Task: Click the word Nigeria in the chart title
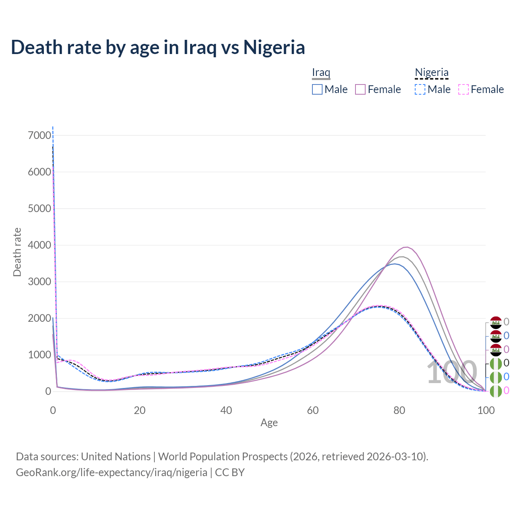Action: click(274, 47)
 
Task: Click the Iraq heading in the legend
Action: click(321, 73)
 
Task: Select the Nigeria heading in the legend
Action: click(431, 73)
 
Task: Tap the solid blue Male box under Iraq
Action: click(317, 89)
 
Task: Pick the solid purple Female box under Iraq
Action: click(360, 89)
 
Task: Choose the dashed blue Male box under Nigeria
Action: click(420, 89)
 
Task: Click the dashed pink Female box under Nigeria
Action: click(464, 89)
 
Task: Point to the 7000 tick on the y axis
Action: click(40, 135)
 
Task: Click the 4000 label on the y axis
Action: click(40, 245)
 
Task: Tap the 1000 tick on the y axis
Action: click(40, 355)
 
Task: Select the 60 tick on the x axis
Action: click(313, 410)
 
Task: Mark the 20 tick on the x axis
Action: click(140, 410)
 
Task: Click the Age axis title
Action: click(269, 422)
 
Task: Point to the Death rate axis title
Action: click(17, 252)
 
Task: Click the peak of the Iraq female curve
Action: click(405, 247)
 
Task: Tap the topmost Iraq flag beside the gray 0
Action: click(496, 322)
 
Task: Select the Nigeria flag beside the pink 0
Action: click(496, 391)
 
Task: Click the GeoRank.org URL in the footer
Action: click(111, 472)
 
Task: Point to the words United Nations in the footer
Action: click(116, 457)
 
